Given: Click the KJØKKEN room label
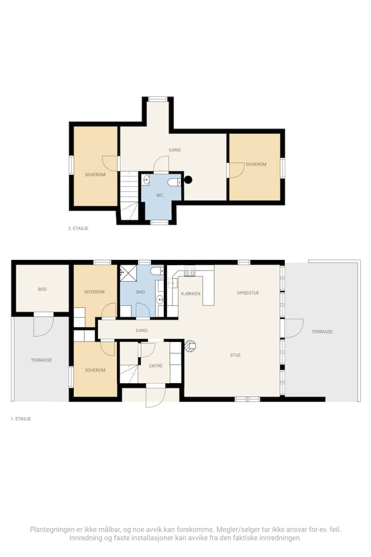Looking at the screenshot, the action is pyautogui.click(x=191, y=294).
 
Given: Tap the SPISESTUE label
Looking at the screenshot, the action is pyautogui.click(x=248, y=293).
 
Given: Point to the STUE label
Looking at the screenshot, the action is pyautogui.click(x=235, y=355).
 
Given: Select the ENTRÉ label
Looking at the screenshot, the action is pyautogui.click(x=156, y=366).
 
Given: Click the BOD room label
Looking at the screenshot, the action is pyautogui.click(x=42, y=289).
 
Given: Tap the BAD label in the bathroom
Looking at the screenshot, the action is pyautogui.click(x=141, y=292).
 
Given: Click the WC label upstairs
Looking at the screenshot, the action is pyautogui.click(x=160, y=195).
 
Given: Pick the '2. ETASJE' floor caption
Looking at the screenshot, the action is pyautogui.click(x=78, y=228).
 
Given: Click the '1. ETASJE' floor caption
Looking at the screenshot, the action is pyautogui.click(x=21, y=419).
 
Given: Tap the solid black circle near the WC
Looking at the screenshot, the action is pyautogui.click(x=188, y=180).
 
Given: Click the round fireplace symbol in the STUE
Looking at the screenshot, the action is pyautogui.click(x=191, y=346).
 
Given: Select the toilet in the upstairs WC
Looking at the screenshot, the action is pyautogui.click(x=174, y=182).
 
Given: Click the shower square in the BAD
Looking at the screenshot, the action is pyautogui.click(x=128, y=273).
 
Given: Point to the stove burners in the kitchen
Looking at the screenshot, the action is pyautogui.click(x=189, y=271).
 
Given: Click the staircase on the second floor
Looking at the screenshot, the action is pyautogui.click(x=129, y=196).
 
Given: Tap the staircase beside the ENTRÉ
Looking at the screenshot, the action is pyautogui.click(x=129, y=374).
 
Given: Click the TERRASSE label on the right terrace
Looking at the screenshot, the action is pyautogui.click(x=323, y=332).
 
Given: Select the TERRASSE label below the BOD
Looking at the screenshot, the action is pyautogui.click(x=42, y=360).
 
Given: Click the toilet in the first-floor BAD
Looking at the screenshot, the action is pyautogui.click(x=157, y=272).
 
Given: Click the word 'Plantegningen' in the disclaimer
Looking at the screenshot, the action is pyautogui.click(x=52, y=530).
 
